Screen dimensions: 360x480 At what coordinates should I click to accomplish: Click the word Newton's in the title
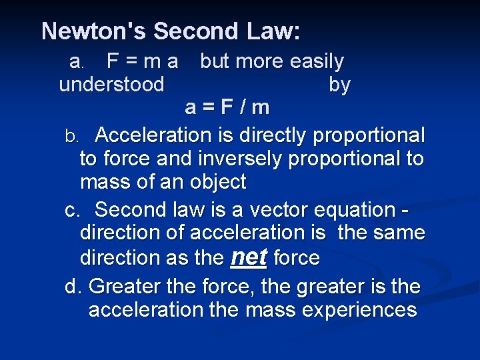93,31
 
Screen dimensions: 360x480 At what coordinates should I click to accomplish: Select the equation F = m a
142,62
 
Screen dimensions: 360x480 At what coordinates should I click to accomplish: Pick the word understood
111,85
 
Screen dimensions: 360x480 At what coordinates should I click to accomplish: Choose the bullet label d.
73,287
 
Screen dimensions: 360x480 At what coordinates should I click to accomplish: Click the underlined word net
248,257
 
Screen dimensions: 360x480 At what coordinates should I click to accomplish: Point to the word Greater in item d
125,287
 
